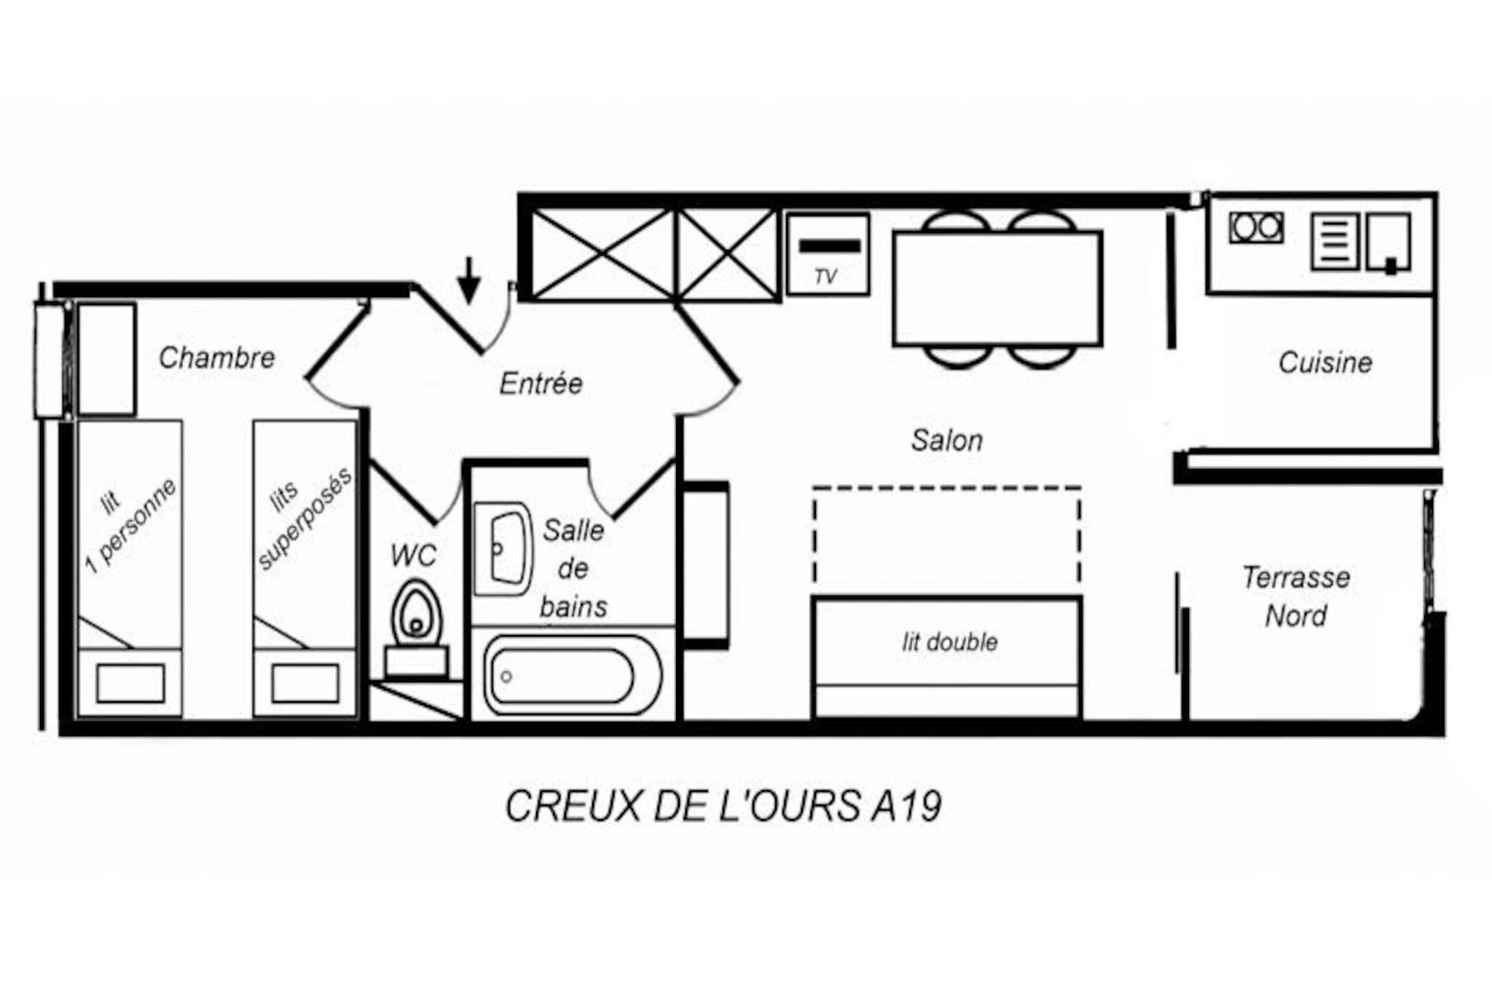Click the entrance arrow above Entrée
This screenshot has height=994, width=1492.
click(x=469, y=280)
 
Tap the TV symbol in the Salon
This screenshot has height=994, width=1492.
click(x=829, y=254)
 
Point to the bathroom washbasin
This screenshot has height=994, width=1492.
click(x=503, y=548)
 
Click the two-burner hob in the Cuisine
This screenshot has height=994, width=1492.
click(x=1256, y=227)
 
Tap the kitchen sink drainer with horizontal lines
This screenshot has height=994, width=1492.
click(x=1335, y=241)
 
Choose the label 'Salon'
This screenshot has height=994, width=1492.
click(x=947, y=440)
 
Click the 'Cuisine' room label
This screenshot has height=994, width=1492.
click(x=1325, y=362)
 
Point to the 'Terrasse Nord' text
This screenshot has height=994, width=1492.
click(x=1296, y=596)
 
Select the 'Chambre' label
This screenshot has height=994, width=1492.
click(x=217, y=358)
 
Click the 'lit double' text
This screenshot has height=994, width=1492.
click(x=950, y=642)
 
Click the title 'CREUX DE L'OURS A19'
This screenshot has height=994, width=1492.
click(x=723, y=806)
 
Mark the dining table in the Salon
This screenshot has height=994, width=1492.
click(x=997, y=288)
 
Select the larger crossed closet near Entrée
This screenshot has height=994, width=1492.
click(x=602, y=254)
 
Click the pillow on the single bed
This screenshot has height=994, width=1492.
click(x=130, y=683)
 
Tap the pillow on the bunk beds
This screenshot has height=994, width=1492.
click(x=305, y=683)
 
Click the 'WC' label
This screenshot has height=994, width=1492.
click(x=413, y=556)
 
